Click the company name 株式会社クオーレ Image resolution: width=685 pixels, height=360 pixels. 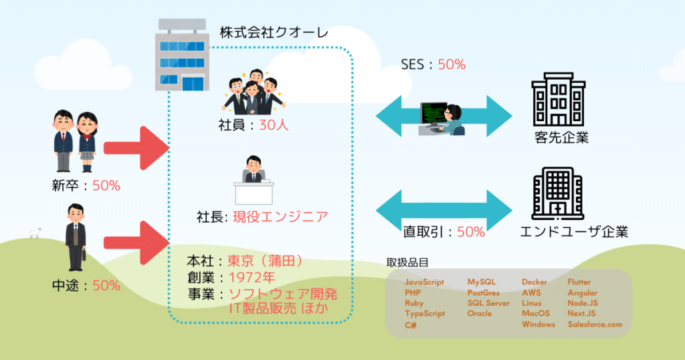(x=274, y=32)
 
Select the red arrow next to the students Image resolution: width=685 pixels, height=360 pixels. (x=136, y=147)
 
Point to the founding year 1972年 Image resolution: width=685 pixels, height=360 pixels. (x=252, y=277)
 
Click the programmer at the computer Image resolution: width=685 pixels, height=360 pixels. (x=442, y=118)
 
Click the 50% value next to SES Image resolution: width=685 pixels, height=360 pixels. (x=452, y=65)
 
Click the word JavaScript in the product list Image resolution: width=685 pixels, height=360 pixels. (x=424, y=282)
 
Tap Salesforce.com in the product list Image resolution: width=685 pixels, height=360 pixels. (x=595, y=325)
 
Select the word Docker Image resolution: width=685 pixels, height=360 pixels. (x=534, y=282)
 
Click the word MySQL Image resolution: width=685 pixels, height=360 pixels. (x=481, y=282)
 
